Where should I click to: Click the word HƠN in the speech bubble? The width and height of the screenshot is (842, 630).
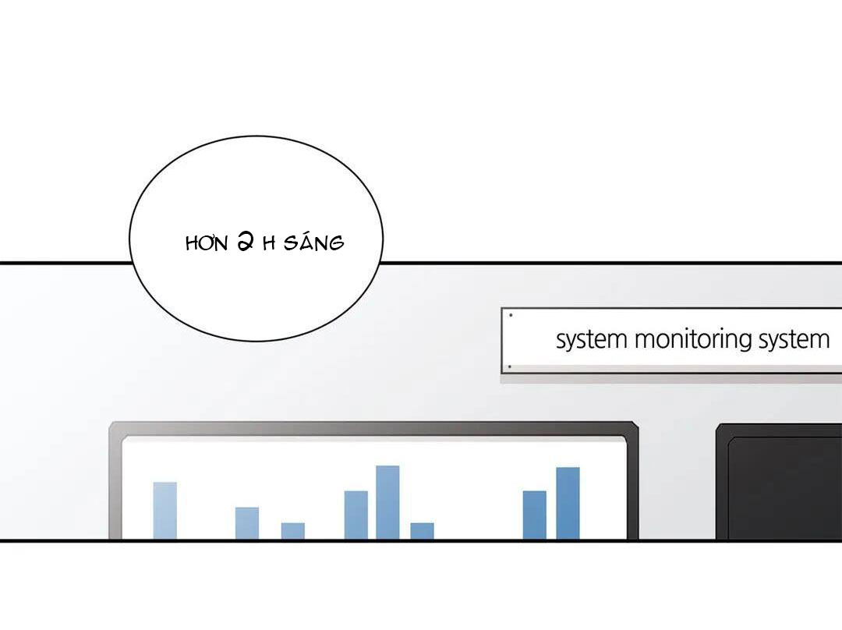point(207,244)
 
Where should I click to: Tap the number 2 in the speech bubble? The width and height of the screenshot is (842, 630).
point(246,242)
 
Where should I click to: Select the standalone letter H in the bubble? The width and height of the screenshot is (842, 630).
point(269,244)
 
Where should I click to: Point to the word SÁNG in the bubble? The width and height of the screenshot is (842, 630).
point(313,242)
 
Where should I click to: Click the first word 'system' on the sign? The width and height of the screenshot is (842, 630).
point(591,340)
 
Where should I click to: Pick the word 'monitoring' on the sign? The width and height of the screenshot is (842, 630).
point(693,340)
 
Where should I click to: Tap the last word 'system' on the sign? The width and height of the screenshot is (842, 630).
point(794,340)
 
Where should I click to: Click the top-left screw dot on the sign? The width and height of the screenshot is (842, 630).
point(511,315)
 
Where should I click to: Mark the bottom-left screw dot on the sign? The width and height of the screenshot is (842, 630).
point(510,366)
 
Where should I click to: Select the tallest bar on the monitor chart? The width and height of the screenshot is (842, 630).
point(387,502)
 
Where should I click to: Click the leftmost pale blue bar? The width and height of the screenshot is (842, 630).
point(165,510)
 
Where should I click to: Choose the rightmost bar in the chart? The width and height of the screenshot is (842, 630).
point(568,503)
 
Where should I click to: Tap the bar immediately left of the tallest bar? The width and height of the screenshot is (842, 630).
point(356,515)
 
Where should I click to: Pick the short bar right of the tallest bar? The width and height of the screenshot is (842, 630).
point(422,531)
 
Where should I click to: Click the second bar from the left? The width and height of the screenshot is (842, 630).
point(247,523)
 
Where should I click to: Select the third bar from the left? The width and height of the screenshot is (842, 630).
point(293,531)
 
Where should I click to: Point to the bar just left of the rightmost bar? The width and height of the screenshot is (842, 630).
point(535,515)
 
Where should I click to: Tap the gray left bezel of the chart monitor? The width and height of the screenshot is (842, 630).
point(115,483)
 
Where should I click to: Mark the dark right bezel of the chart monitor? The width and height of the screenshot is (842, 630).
point(632,483)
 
